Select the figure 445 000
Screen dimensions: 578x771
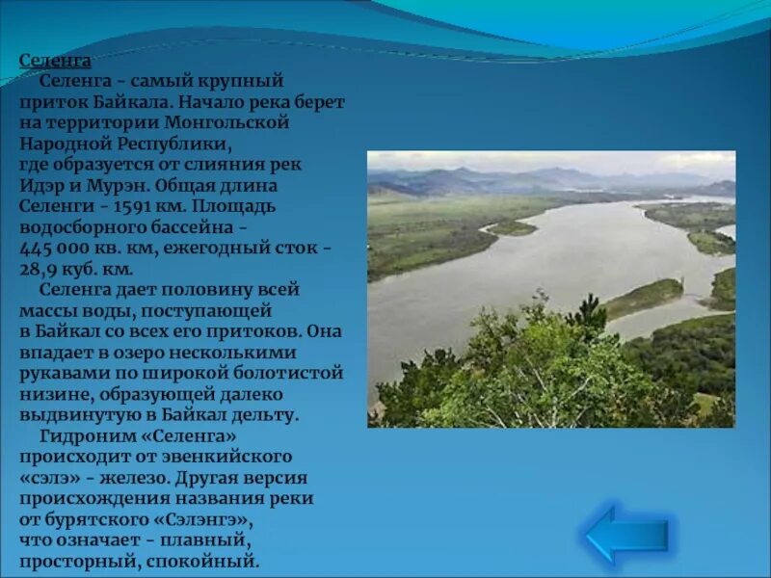click(60, 248)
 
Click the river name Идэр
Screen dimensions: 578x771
click(44, 185)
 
